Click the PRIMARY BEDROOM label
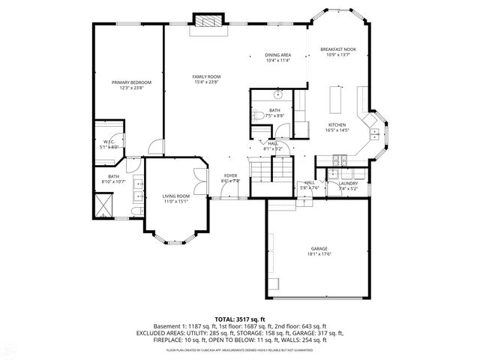tap(131, 82)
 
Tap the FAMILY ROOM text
tap(205, 76)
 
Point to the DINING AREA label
tap(277, 55)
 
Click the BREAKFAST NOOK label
tap(337, 49)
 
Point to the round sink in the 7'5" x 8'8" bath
tap(277, 95)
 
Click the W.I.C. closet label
tap(109, 142)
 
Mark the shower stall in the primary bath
tap(103, 202)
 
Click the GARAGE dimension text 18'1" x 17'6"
tap(319, 253)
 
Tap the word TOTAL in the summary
tap(224, 318)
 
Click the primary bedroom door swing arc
tap(154, 146)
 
